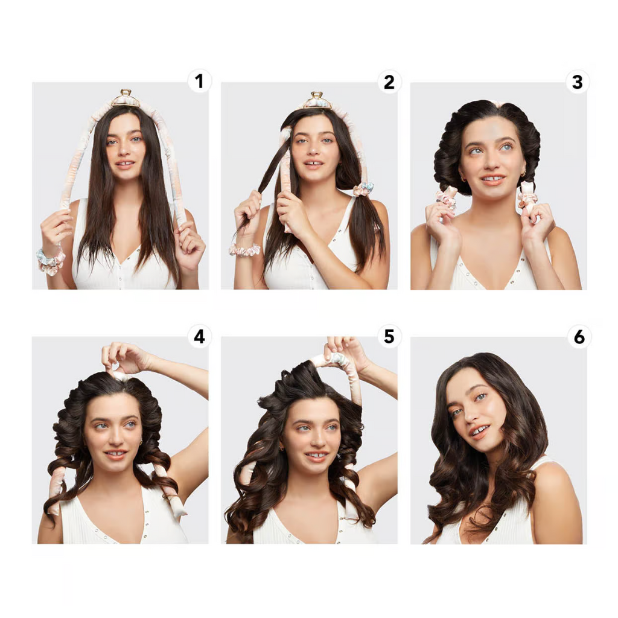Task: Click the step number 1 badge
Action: point(199,81)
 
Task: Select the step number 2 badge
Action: point(389,81)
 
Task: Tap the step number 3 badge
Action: point(578,81)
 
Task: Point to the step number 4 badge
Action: point(199,336)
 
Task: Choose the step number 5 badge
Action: point(389,336)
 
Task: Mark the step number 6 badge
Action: point(579,336)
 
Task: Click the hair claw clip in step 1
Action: point(126,98)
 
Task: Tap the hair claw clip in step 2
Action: point(317,101)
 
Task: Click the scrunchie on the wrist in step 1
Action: point(50,261)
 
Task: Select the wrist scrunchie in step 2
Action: point(244,249)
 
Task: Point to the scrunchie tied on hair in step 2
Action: point(363,189)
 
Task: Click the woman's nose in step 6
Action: point(471,416)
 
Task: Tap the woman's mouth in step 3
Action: point(492,179)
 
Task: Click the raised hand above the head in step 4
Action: point(124,357)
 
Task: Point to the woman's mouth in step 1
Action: point(125,164)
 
